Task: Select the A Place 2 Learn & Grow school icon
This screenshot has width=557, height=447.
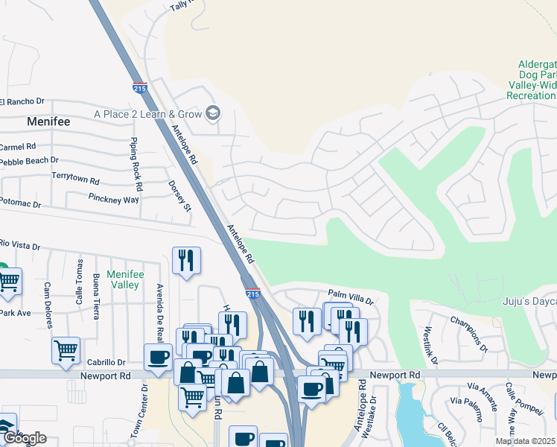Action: [x=213, y=113]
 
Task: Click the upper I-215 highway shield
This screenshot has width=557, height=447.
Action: [x=139, y=87]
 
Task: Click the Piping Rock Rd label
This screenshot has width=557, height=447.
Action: [x=136, y=157]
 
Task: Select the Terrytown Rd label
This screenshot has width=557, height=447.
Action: [x=75, y=180]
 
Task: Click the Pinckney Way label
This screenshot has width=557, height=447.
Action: [x=113, y=200]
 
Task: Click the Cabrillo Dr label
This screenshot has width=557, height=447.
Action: [x=106, y=363]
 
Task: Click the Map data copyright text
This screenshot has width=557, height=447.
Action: [x=525, y=441]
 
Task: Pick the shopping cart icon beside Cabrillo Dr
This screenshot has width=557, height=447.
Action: [x=66, y=349]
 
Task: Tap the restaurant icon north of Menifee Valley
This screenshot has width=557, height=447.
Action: [x=186, y=260]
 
